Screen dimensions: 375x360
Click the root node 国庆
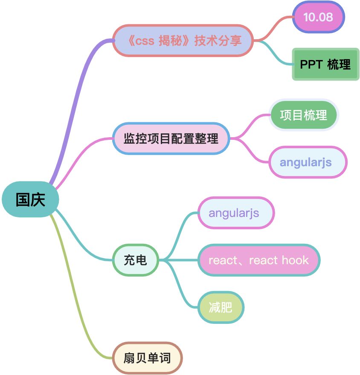[x=30, y=200]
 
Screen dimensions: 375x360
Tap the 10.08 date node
[x=318, y=17]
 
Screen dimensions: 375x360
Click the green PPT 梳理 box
[x=325, y=64]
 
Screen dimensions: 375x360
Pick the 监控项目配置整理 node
[x=171, y=138]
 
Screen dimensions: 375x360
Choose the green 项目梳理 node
[x=304, y=115]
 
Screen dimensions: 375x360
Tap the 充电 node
[x=136, y=260]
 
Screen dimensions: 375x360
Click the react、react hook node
[x=258, y=260]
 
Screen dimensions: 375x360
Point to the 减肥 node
[x=221, y=307]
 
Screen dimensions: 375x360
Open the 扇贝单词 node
[x=148, y=358]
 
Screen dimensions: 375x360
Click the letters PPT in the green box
[x=311, y=64]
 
